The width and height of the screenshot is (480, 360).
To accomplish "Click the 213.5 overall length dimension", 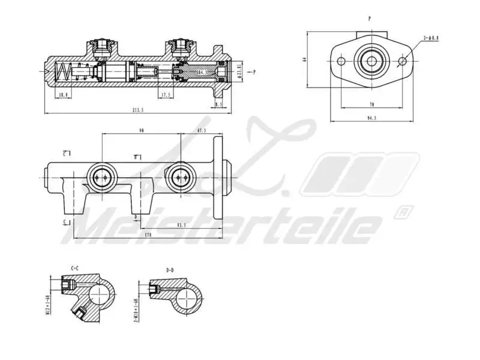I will (x=139, y=110).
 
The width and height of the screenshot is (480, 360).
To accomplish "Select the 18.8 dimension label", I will (x=62, y=94).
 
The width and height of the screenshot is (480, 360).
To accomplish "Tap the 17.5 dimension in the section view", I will (x=166, y=94).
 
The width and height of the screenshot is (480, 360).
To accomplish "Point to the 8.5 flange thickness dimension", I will (x=218, y=104).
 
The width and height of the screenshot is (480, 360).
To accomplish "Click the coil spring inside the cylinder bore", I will (x=62, y=73).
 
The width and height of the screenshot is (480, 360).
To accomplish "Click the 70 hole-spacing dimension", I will (x=372, y=104).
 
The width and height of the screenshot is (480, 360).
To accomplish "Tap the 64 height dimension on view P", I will (x=305, y=59).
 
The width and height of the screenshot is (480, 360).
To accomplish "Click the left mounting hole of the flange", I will (x=342, y=61).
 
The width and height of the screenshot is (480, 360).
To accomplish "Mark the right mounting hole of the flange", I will (x=402, y=61).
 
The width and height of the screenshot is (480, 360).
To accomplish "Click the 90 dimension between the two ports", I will (x=141, y=130).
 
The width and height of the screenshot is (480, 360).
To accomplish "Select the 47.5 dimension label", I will (x=202, y=130).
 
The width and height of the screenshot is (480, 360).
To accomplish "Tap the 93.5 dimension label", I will (x=181, y=225).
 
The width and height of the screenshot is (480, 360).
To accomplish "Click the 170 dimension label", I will (x=148, y=235).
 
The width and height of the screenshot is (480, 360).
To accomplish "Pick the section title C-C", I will (x=75, y=268).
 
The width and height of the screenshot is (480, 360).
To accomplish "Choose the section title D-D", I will (x=170, y=270).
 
